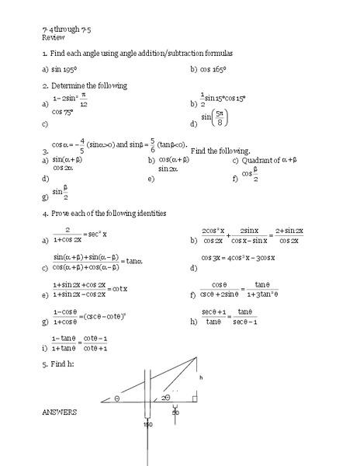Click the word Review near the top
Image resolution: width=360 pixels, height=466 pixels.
[x=52, y=37]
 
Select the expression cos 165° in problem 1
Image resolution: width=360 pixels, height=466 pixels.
[x=217, y=69]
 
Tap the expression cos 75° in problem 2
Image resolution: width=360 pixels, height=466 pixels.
[x=63, y=112]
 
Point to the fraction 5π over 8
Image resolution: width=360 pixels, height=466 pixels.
[x=223, y=120]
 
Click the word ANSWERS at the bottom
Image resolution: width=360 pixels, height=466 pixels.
[x=59, y=412]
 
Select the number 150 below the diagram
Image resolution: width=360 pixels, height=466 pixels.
[x=147, y=424]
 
